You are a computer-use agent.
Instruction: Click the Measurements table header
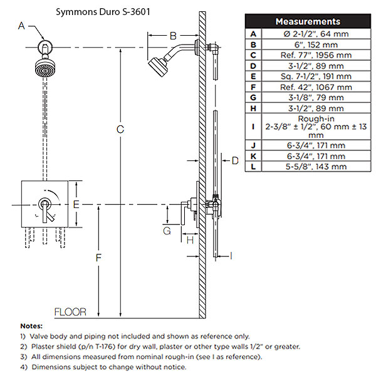307,21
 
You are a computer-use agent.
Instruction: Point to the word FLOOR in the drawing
70,312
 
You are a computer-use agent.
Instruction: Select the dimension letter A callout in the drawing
22,26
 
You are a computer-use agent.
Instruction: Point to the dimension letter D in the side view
234,161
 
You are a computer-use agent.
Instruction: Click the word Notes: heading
31,326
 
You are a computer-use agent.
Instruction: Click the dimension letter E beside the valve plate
75,204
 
